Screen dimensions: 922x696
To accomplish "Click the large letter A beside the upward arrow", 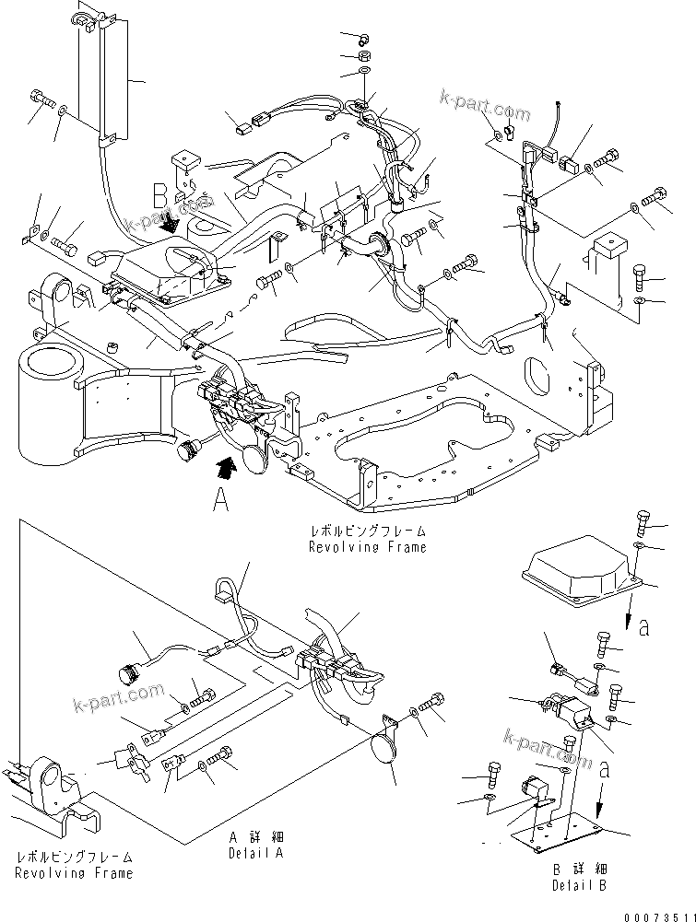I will point(220,500).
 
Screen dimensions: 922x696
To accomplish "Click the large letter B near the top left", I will point(160,194).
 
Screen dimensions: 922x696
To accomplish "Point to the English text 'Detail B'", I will point(579,885).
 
